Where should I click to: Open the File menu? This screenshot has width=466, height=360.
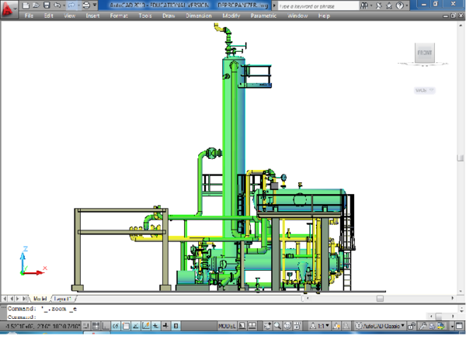pos(29,16)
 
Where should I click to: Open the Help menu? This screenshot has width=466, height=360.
pos(324,16)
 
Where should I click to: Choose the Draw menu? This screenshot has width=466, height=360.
pos(169,16)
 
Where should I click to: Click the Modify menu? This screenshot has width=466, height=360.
pos(231,16)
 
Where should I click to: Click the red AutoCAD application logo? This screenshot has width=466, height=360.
pos(9,9)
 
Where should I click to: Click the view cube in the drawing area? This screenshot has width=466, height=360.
pos(423,54)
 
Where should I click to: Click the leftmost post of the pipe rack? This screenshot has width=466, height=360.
pos(76,248)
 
